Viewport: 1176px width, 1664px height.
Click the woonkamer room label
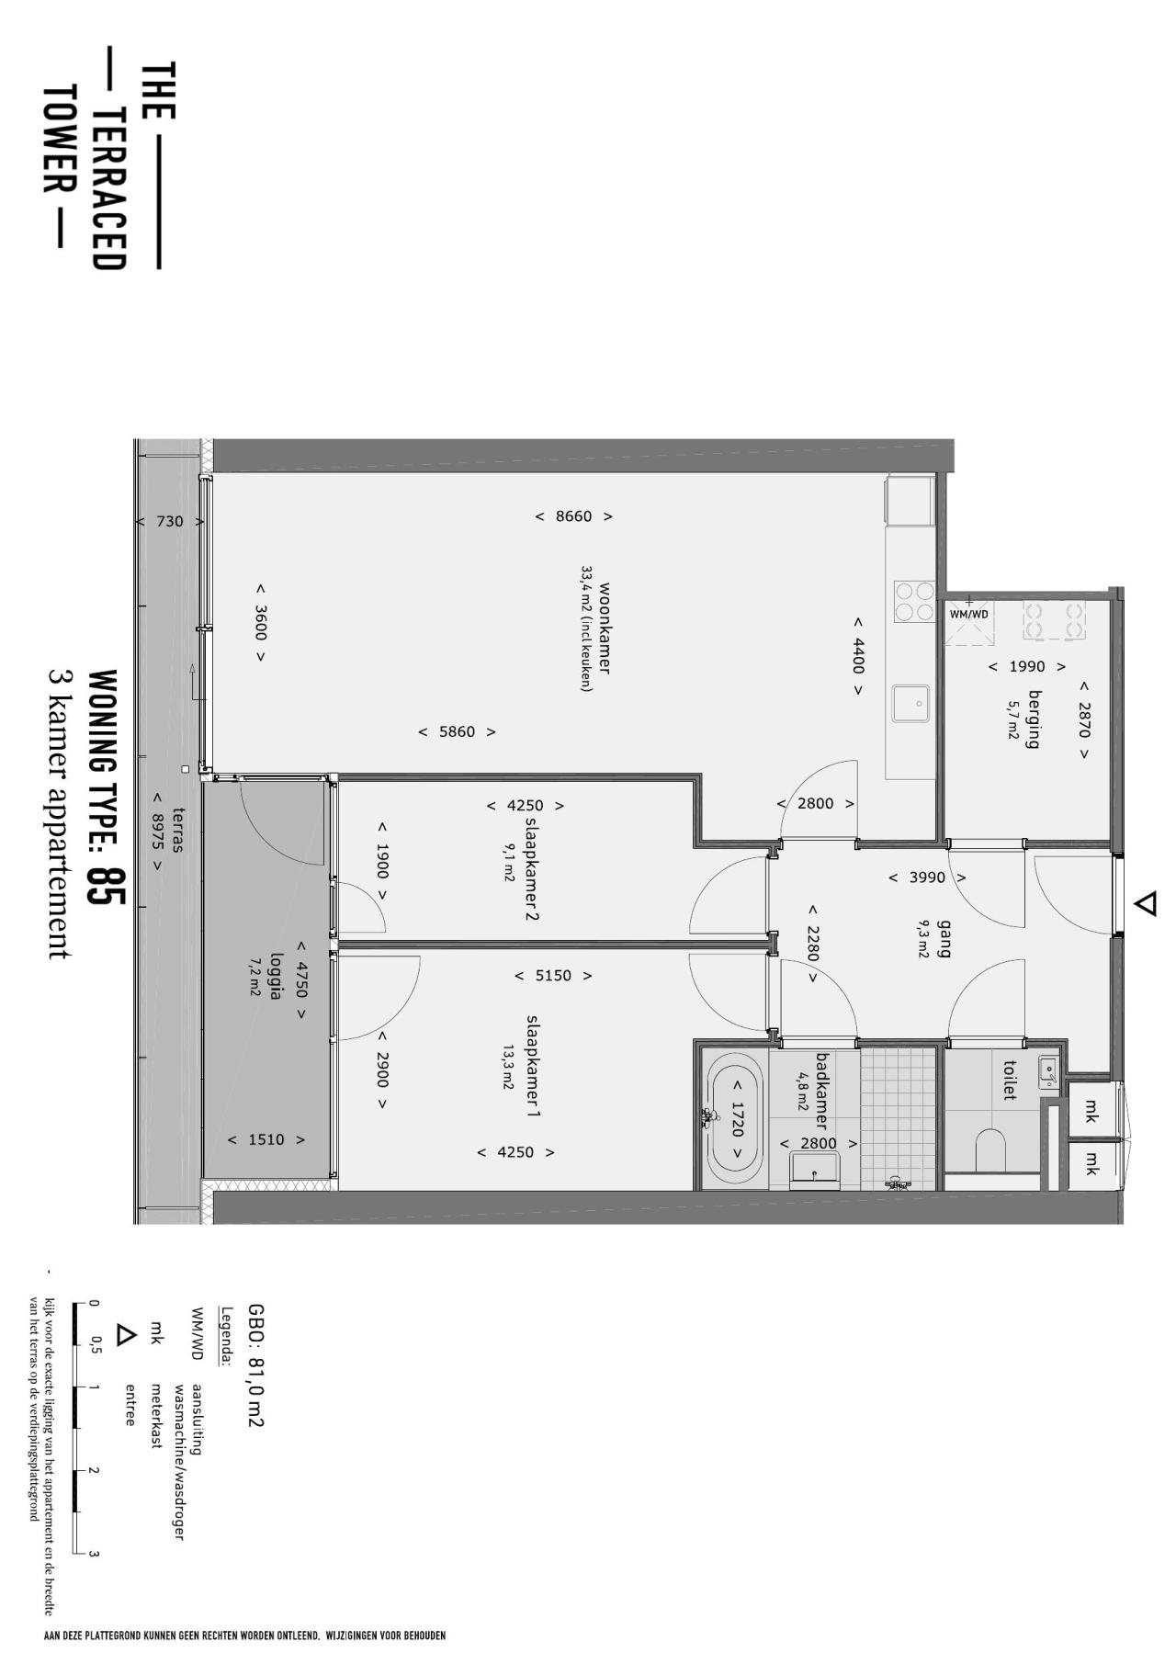click(x=605, y=628)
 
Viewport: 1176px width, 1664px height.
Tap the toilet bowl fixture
click(x=989, y=1149)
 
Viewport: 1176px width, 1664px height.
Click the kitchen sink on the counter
click(x=911, y=704)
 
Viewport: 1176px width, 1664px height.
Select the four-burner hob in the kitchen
click(x=914, y=603)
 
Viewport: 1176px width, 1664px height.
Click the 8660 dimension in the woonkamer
click(x=574, y=516)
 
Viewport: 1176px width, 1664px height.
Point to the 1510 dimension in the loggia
click(x=266, y=1140)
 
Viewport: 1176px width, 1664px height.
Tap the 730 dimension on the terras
click(x=170, y=522)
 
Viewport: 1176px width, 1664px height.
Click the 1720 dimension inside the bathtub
click(x=736, y=1120)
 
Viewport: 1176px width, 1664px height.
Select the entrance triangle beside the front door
click(x=1145, y=904)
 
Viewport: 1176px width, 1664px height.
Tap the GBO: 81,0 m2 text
click(x=255, y=1365)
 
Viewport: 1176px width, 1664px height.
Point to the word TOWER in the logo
click(x=58, y=141)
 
